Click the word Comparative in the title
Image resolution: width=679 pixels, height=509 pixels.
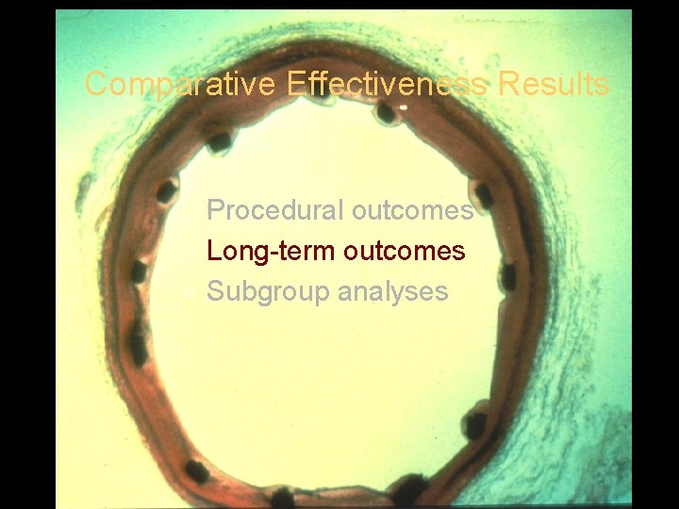(x=179, y=85)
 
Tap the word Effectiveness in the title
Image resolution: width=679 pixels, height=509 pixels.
(x=387, y=85)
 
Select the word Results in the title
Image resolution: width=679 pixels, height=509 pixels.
(x=554, y=85)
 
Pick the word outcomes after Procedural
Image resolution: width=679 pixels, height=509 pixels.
(x=412, y=210)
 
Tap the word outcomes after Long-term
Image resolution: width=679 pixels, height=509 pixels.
(x=405, y=252)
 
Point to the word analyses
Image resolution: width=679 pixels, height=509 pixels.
(x=393, y=292)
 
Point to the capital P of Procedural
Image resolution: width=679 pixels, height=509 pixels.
(x=215, y=210)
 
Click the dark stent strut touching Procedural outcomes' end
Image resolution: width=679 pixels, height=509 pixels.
(x=485, y=195)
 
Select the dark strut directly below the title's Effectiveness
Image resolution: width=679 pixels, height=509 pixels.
(x=385, y=113)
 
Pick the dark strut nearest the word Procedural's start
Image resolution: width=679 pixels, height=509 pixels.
(x=166, y=192)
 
